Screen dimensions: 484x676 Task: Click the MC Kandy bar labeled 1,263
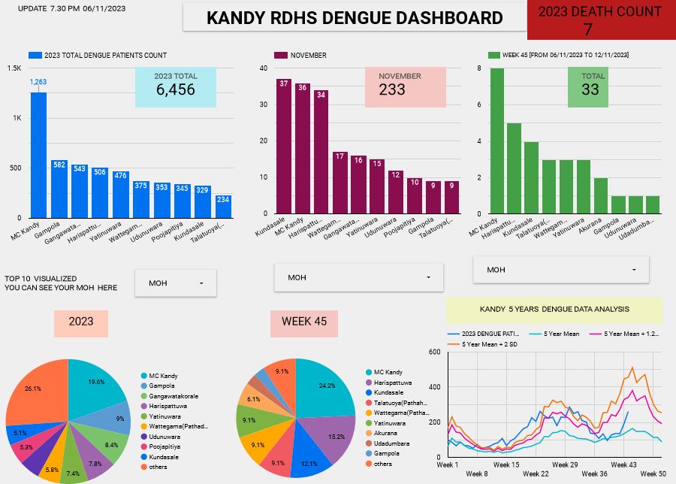(38, 155)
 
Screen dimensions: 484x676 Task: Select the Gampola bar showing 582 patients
(59, 189)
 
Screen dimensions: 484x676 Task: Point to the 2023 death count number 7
(587, 29)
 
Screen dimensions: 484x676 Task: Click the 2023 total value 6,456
(175, 89)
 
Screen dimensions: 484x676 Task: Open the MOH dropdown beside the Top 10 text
(176, 283)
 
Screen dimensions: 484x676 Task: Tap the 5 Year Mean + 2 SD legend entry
(489, 344)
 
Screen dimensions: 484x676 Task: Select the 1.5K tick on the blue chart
(14, 68)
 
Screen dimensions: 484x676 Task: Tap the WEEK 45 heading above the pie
(304, 322)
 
